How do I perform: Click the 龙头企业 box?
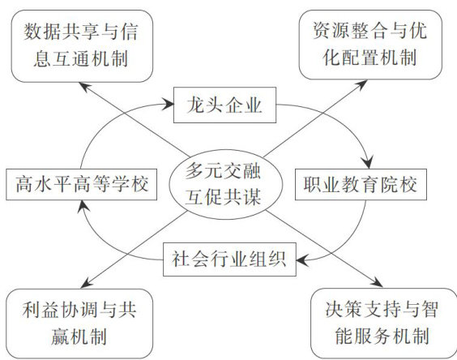tap(224, 105)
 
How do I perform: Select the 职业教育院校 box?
tap(361, 184)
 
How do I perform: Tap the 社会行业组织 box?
tap(229, 259)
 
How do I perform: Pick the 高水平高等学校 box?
tap(82, 184)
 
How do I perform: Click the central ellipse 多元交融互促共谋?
tap(226, 184)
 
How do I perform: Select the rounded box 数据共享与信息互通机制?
tap(82, 46)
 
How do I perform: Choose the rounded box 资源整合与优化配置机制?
tap(370, 45)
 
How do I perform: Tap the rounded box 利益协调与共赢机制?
tap(79, 324)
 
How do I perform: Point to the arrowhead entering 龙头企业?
tap(169, 104)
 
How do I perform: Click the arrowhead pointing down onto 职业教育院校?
tap(368, 163)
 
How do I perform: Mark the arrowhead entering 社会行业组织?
tap(302, 259)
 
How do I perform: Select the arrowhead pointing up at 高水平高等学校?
tap(83, 207)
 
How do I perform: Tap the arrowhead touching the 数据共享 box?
tap(85, 87)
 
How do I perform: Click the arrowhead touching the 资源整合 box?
tap(361, 84)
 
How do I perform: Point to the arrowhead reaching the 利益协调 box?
tap(87, 283)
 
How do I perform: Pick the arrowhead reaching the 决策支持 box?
tap(377, 282)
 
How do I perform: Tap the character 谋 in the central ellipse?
tap(252, 197)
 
